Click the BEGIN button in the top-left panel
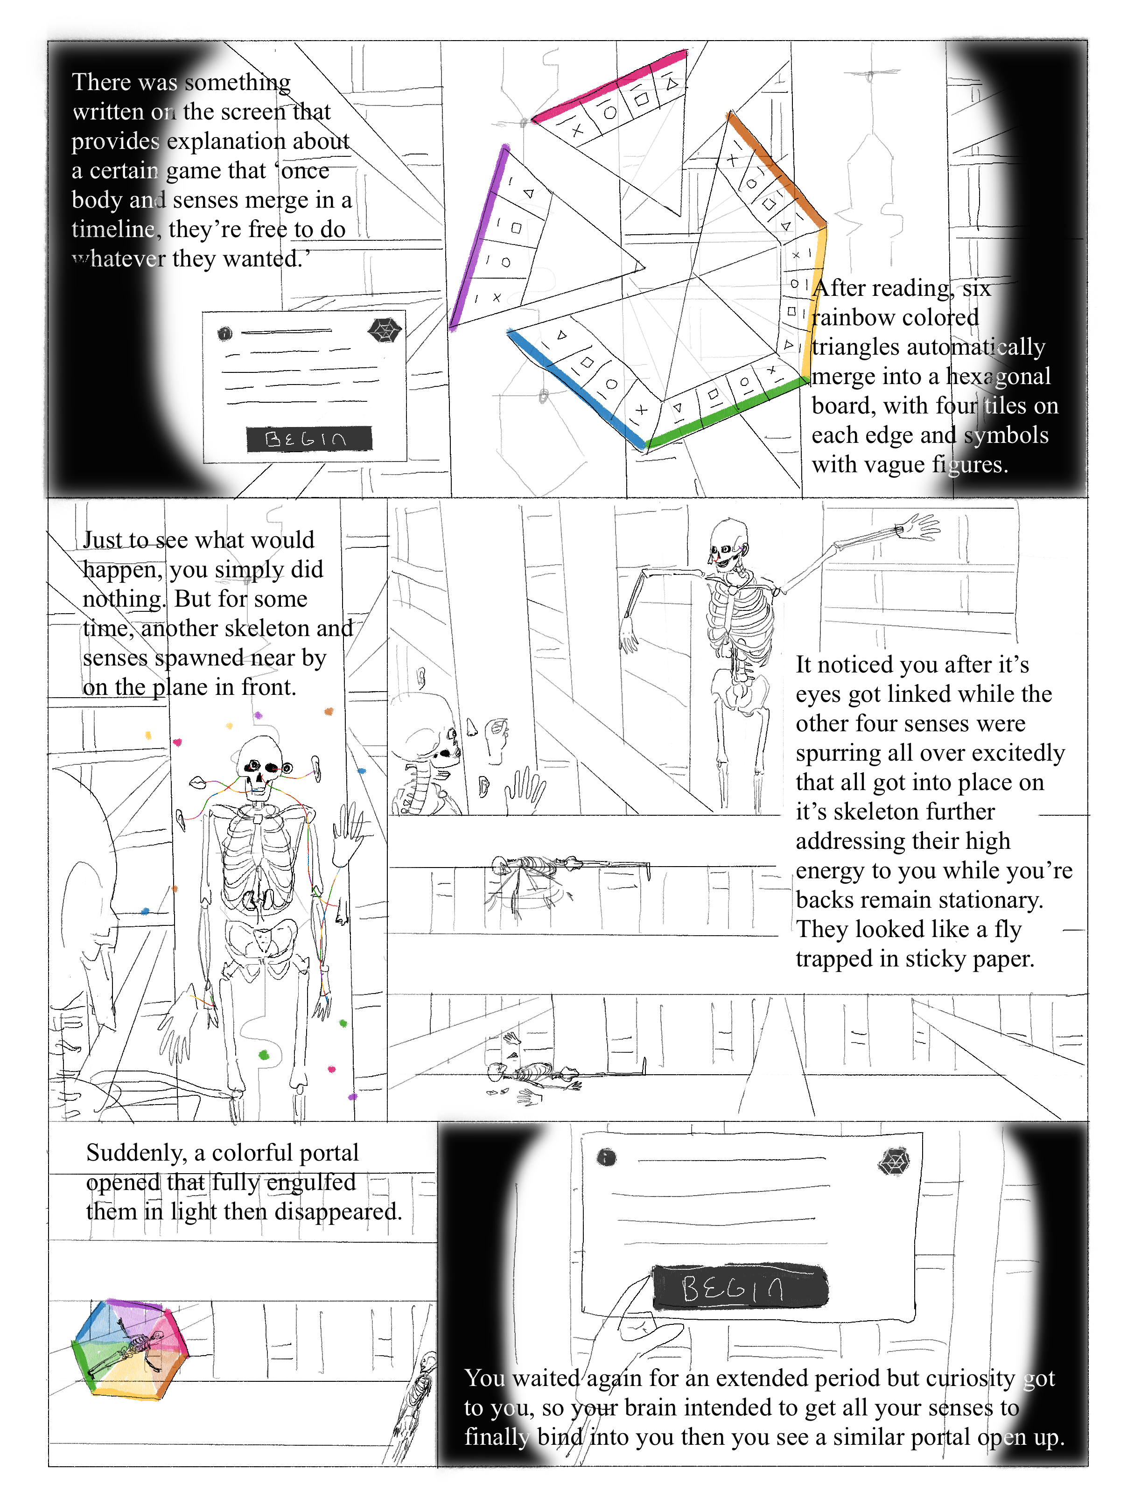tap(308, 438)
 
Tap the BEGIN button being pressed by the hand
tap(740, 1288)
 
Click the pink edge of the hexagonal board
tap(609, 85)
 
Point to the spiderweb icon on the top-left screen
tap(384, 331)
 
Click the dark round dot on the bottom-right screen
tap(606, 1156)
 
